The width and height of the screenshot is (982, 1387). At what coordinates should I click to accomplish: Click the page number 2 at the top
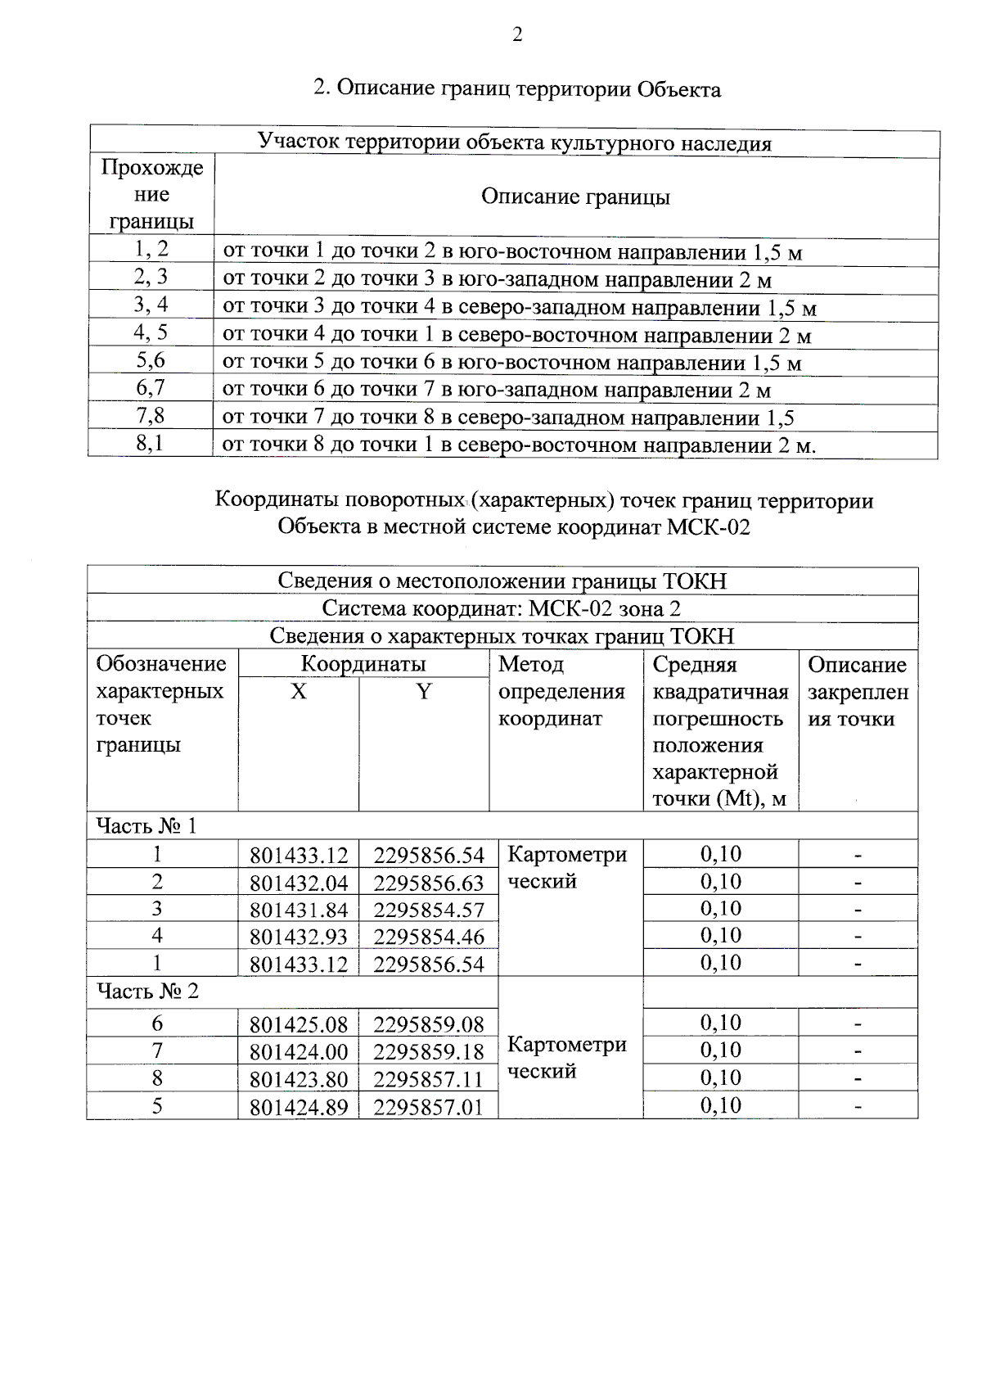pyautogui.click(x=516, y=34)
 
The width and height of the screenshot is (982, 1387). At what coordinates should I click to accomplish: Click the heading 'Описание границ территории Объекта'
pyautogui.click(x=517, y=88)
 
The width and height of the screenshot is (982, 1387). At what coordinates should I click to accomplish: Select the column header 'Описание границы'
pyautogui.click(x=575, y=197)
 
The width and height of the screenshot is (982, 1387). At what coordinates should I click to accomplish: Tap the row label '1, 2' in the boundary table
pyautogui.click(x=151, y=250)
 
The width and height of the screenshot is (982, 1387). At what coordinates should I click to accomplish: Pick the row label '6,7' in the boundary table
pyautogui.click(x=151, y=388)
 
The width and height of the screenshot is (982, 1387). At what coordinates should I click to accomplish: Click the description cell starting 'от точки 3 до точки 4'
pyautogui.click(x=520, y=308)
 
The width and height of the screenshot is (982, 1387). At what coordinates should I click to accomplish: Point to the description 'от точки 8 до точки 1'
pyautogui.click(x=520, y=445)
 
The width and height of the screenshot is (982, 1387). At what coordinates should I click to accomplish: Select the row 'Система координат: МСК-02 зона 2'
pyautogui.click(x=502, y=608)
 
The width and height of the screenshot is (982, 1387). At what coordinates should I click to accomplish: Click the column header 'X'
pyautogui.click(x=299, y=692)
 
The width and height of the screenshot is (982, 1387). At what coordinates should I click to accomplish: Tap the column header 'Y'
pyautogui.click(x=423, y=692)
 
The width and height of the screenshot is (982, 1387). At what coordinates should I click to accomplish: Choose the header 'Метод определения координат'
pyautogui.click(x=561, y=691)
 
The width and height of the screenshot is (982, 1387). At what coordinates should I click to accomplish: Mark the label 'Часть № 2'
pyautogui.click(x=148, y=992)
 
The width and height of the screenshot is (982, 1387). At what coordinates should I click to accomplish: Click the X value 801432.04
pyautogui.click(x=299, y=883)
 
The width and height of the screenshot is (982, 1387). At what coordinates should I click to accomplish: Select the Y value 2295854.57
pyautogui.click(x=429, y=910)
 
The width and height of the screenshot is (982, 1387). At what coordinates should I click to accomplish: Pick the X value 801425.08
pyautogui.click(x=299, y=1024)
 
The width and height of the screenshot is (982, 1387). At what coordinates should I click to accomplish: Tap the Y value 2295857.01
pyautogui.click(x=429, y=1107)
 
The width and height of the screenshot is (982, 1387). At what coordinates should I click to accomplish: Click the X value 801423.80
pyautogui.click(x=299, y=1079)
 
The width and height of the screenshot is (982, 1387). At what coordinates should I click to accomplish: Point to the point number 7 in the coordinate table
pyautogui.click(x=157, y=1050)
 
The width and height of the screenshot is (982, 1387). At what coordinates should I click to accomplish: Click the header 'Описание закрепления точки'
pyautogui.click(x=858, y=691)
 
